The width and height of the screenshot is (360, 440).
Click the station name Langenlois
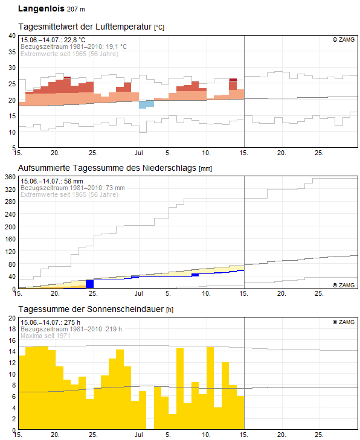pos(41,9)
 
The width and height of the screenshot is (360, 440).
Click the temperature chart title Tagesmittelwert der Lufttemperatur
pos(85,28)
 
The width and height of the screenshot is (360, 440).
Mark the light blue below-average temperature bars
pos(146,104)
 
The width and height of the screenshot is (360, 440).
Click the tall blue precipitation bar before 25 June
pos(89,284)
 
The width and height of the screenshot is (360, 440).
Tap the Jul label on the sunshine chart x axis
pos(139,435)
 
